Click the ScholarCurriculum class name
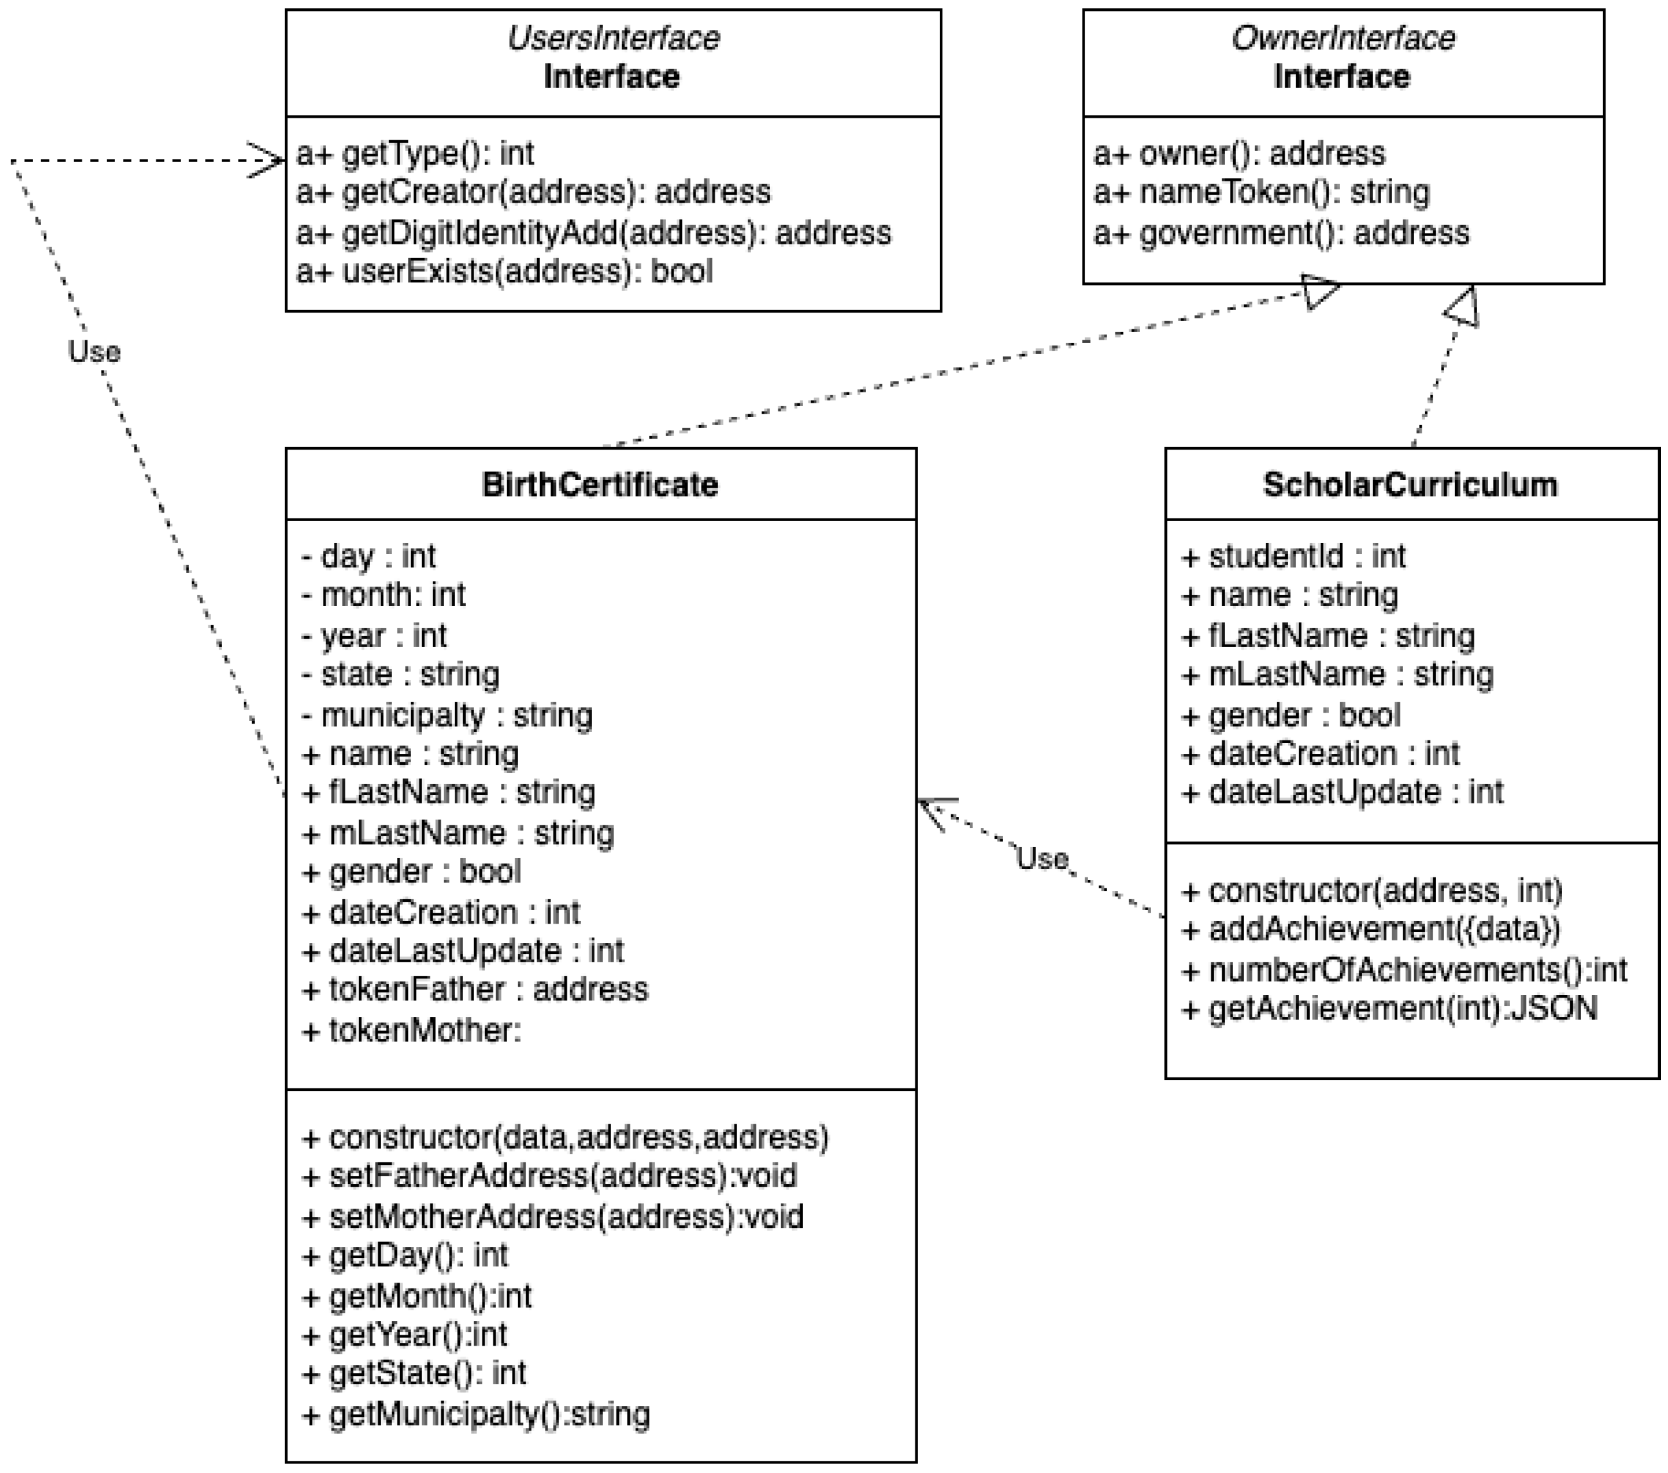[1410, 485]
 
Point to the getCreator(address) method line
[533, 192]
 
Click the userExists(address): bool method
[504, 271]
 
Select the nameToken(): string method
[1261, 192]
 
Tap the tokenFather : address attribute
[475, 990]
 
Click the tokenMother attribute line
[412, 1030]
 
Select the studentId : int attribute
[1294, 556]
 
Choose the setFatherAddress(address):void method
[549, 1176]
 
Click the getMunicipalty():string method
[476, 1414]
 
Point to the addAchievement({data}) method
[1371, 929]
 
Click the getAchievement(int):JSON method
[1389, 1009]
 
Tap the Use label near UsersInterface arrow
[94, 352]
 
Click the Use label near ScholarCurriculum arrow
[1042, 859]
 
